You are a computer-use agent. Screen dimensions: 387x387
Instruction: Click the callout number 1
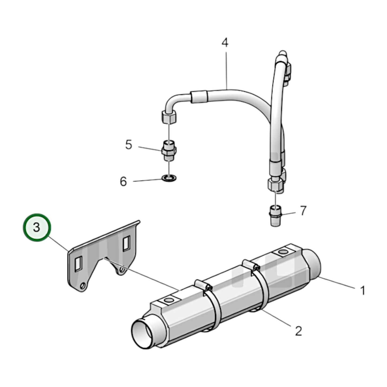(362, 290)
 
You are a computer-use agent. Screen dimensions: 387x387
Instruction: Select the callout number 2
(298, 331)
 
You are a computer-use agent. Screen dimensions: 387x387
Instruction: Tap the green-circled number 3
(37, 227)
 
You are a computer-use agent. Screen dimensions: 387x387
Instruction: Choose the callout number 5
(129, 145)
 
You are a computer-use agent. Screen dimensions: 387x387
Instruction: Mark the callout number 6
(123, 182)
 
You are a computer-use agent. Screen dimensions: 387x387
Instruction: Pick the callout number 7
(303, 211)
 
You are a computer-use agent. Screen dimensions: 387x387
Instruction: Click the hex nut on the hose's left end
(169, 117)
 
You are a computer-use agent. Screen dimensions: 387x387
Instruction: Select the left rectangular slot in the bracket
(78, 264)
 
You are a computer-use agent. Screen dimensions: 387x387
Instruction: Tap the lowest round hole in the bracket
(83, 286)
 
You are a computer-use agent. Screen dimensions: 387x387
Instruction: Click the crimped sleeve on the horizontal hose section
(199, 97)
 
